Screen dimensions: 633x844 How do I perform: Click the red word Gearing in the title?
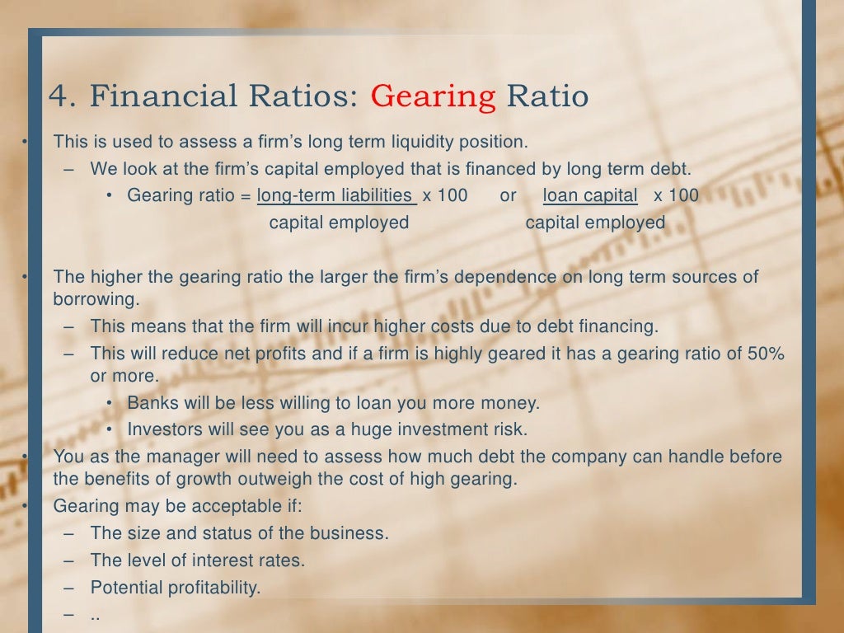pyautogui.click(x=434, y=96)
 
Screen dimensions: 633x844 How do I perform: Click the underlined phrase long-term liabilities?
pyautogui.click(x=335, y=195)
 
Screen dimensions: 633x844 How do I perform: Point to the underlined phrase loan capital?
pyautogui.click(x=590, y=195)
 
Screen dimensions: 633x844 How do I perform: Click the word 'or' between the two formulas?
pyautogui.click(x=508, y=195)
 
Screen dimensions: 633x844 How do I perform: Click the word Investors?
pyautogui.click(x=162, y=429)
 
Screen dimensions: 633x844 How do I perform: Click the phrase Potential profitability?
pyautogui.click(x=176, y=588)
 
